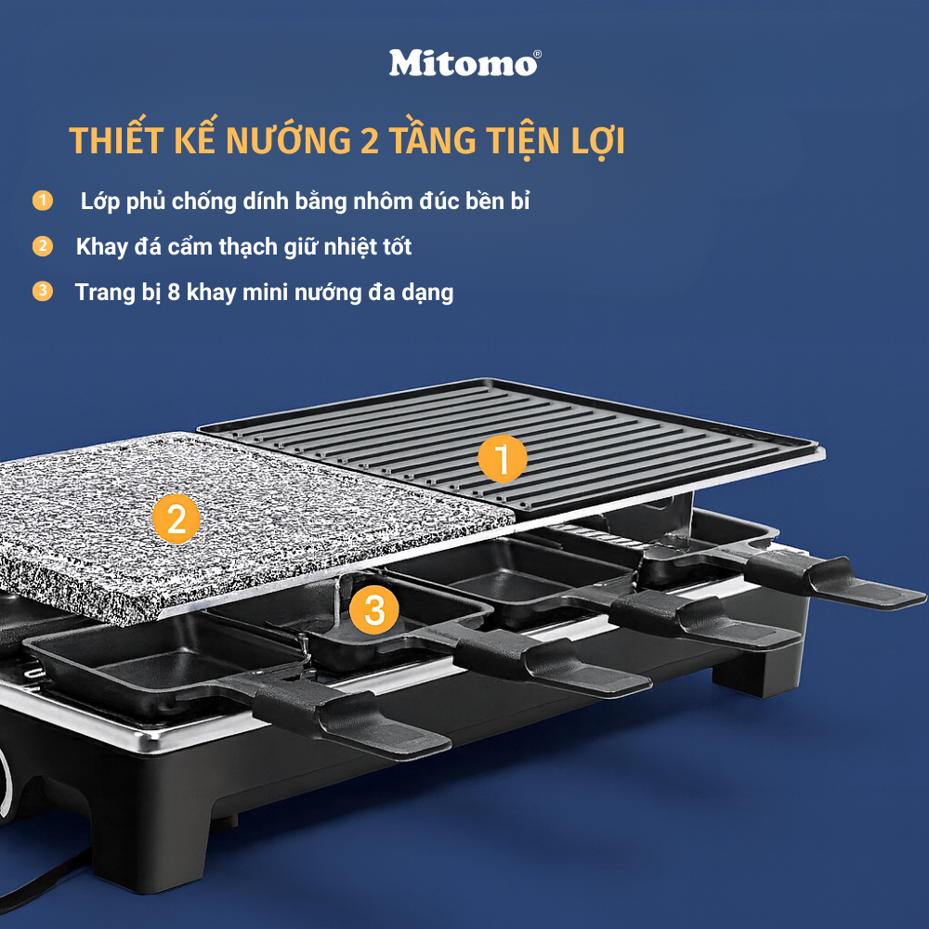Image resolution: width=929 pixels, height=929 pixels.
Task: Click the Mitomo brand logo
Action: coord(462,63)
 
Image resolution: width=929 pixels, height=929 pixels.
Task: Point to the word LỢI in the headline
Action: coord(595,142)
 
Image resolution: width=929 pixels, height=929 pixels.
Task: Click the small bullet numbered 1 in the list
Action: coord(42,201)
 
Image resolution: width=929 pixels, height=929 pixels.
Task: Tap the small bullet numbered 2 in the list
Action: coord(42,246)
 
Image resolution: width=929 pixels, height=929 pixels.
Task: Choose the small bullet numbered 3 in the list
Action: coord(42,292)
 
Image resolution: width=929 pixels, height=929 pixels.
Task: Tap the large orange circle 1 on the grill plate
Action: coord(502,459)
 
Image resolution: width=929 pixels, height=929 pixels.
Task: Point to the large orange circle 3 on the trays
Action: coord(373,610)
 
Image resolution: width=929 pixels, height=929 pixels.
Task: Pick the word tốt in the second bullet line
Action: coord(394,246)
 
